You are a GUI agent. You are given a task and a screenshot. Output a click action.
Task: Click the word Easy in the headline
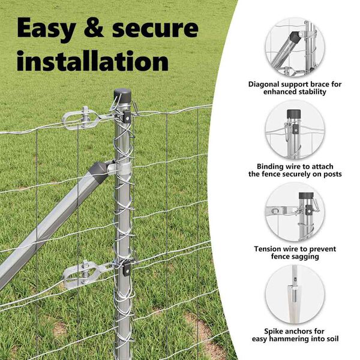tap(47, 29)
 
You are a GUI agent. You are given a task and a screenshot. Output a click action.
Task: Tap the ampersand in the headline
tap(94, 28)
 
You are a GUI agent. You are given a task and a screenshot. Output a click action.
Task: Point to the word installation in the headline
tap(93, 61)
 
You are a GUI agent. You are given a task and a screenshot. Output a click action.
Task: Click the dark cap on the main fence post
tap(122, 95)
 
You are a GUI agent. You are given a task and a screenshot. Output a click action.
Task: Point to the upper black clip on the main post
tap(127, 117)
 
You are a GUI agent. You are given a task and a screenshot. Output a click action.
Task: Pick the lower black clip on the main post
tap(127, 269)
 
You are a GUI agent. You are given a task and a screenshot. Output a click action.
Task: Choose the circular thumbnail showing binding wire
tap(295, 130)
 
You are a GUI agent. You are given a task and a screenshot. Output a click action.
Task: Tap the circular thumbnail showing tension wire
tap(295, 212)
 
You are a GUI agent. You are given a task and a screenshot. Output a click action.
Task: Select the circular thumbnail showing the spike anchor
tap(295, 295)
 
